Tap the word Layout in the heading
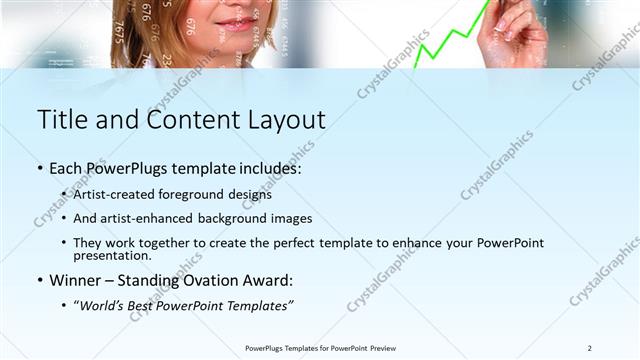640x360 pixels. pos(282,120)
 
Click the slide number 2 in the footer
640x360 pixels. pos(589,347)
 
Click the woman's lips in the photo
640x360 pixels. pos(236,23)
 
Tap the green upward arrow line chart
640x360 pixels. pos(450,40)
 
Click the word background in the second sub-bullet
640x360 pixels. pos(226,218)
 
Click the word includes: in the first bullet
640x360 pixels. pos(267,169)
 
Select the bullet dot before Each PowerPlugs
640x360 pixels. pos(40,170)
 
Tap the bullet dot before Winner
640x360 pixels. pos(40,281)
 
